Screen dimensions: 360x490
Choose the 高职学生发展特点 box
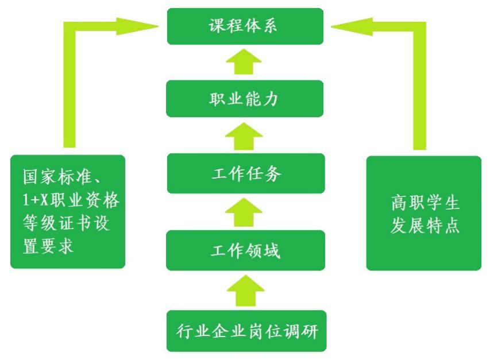click(424, 213)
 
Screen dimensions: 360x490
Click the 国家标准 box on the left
click(68, 211)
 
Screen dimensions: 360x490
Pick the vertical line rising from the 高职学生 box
click(420, 92)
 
